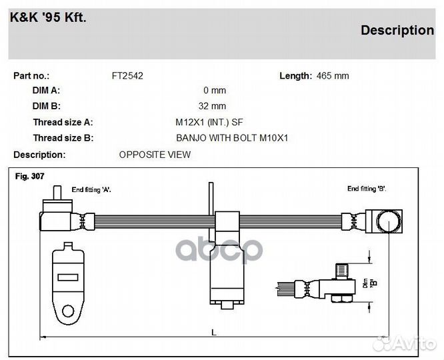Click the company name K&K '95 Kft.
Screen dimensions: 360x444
(47, 17)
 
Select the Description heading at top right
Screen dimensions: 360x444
(397, 30)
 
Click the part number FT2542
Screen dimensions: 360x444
(127, 76)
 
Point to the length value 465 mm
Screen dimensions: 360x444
(333, 76)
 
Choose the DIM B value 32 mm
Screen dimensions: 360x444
(212, 106)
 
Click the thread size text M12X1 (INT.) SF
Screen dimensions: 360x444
(209, 122)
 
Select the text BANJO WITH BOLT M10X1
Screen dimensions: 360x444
(232, 138)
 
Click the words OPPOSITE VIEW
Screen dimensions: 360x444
(155, 155)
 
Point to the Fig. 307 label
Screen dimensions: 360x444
(29, 176)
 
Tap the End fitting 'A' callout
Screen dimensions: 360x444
(91, 189)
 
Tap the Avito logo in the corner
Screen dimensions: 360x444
(405, 343)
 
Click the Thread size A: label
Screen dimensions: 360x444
(63, 122)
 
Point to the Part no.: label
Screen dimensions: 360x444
(31, 76)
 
